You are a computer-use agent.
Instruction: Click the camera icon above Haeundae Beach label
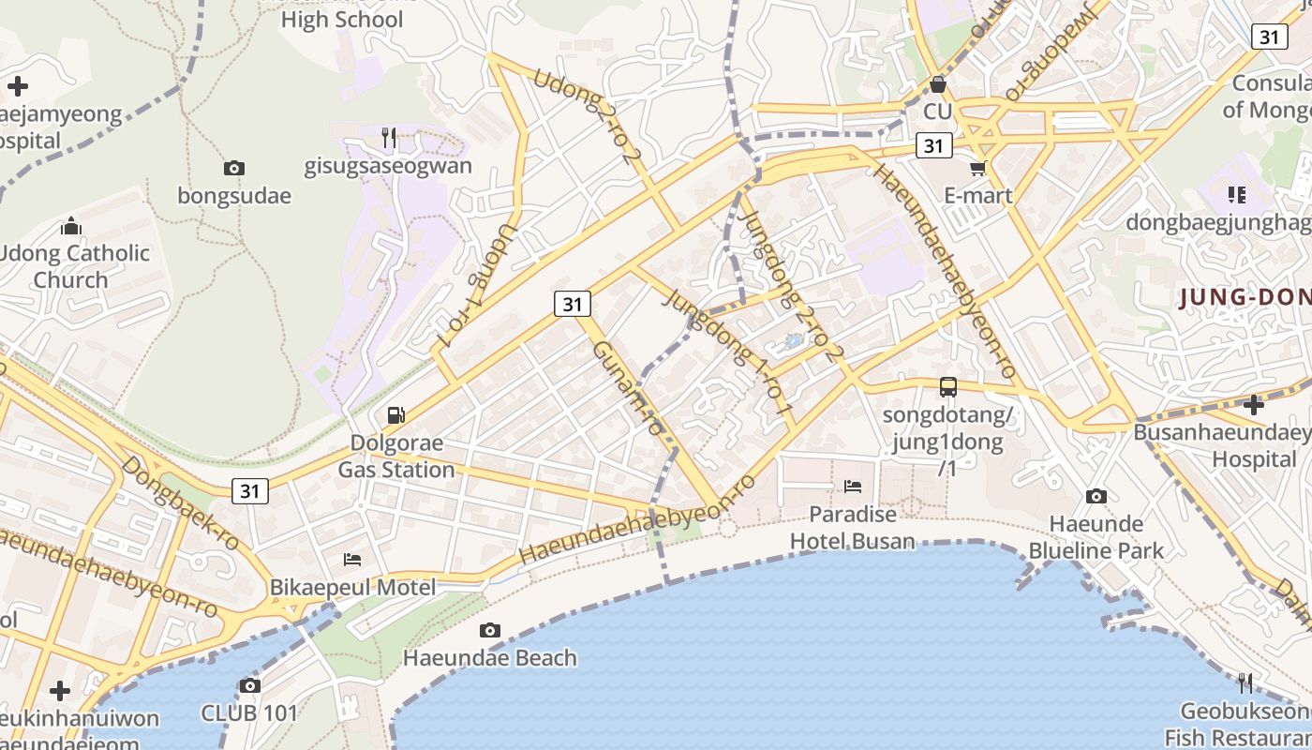coord(489,630)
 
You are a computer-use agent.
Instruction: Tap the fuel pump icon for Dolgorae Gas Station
coord(396,414)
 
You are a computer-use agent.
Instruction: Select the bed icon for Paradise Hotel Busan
coord(853,486)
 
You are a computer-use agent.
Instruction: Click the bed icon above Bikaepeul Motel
coord(352,560)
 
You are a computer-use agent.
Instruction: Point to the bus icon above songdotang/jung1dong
coord(948,386)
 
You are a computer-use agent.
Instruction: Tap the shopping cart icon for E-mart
coord(978,169)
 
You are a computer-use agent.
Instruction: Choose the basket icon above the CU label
coord(937,85)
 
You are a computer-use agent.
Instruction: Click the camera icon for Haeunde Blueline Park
coord(1096,496)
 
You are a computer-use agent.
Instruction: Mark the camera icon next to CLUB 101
coord(249,685)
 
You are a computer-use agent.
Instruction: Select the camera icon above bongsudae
coord(234,169)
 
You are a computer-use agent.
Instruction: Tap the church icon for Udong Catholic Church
coord(71,226)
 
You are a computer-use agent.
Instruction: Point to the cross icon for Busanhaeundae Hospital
coord(1254,405)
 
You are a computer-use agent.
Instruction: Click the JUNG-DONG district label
coord(1245,298)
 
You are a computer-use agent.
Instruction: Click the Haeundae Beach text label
coord(489,658)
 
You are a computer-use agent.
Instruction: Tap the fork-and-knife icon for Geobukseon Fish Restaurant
coord(1245,682)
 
